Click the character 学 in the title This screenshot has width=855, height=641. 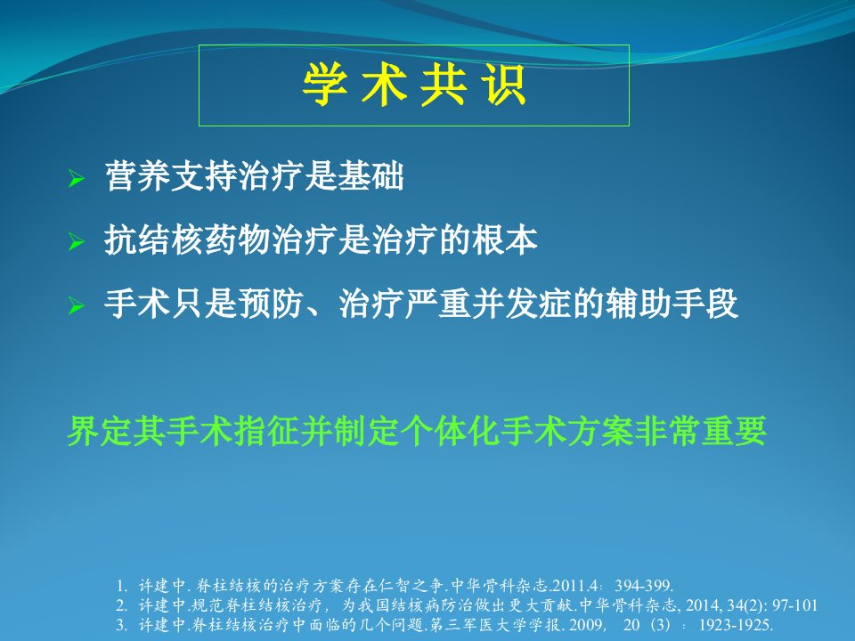tap(326, 85)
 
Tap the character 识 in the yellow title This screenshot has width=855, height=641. tap(504, 85)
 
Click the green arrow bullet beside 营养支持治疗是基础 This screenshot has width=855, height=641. tap(77, 179)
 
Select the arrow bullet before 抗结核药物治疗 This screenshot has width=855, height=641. tap(77, 241)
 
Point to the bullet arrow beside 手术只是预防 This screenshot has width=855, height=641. tap(77, 305)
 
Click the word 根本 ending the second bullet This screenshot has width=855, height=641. tap(505, 239)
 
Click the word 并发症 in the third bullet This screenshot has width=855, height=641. tap(522, 304)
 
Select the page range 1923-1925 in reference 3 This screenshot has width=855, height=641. tap(736, 625)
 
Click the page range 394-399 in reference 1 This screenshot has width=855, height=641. tap(643, 586)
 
